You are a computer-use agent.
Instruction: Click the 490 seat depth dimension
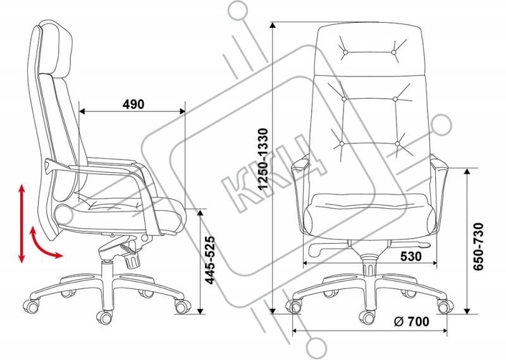(133, 104)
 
